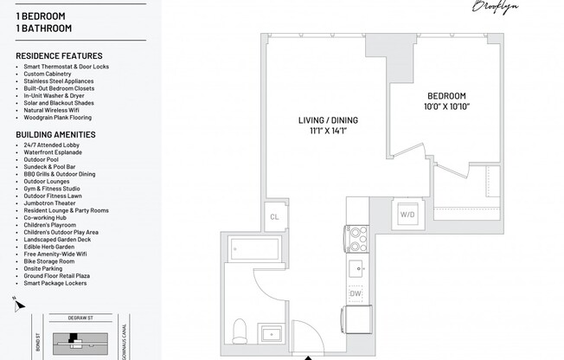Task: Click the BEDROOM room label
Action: pyautogui.click(x=445, y=96)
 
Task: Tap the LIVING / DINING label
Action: pyautogui.click(x=328, y=120)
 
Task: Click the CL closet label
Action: pyautogui.click(x=274, y=217)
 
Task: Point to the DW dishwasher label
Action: pyautogui.click(x=356, y=293)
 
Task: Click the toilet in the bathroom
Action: pyautogui.click(x=242, y=330)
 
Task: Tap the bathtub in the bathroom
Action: pyautogui.click(x=253, y=251)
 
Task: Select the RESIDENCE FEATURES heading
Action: pyautogui.click(x=59, y=56)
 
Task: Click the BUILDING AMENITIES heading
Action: pyautogui.click(x=55, y=135)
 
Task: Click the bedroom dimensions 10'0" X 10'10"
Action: pyautogui.click(x=445, y=107)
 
